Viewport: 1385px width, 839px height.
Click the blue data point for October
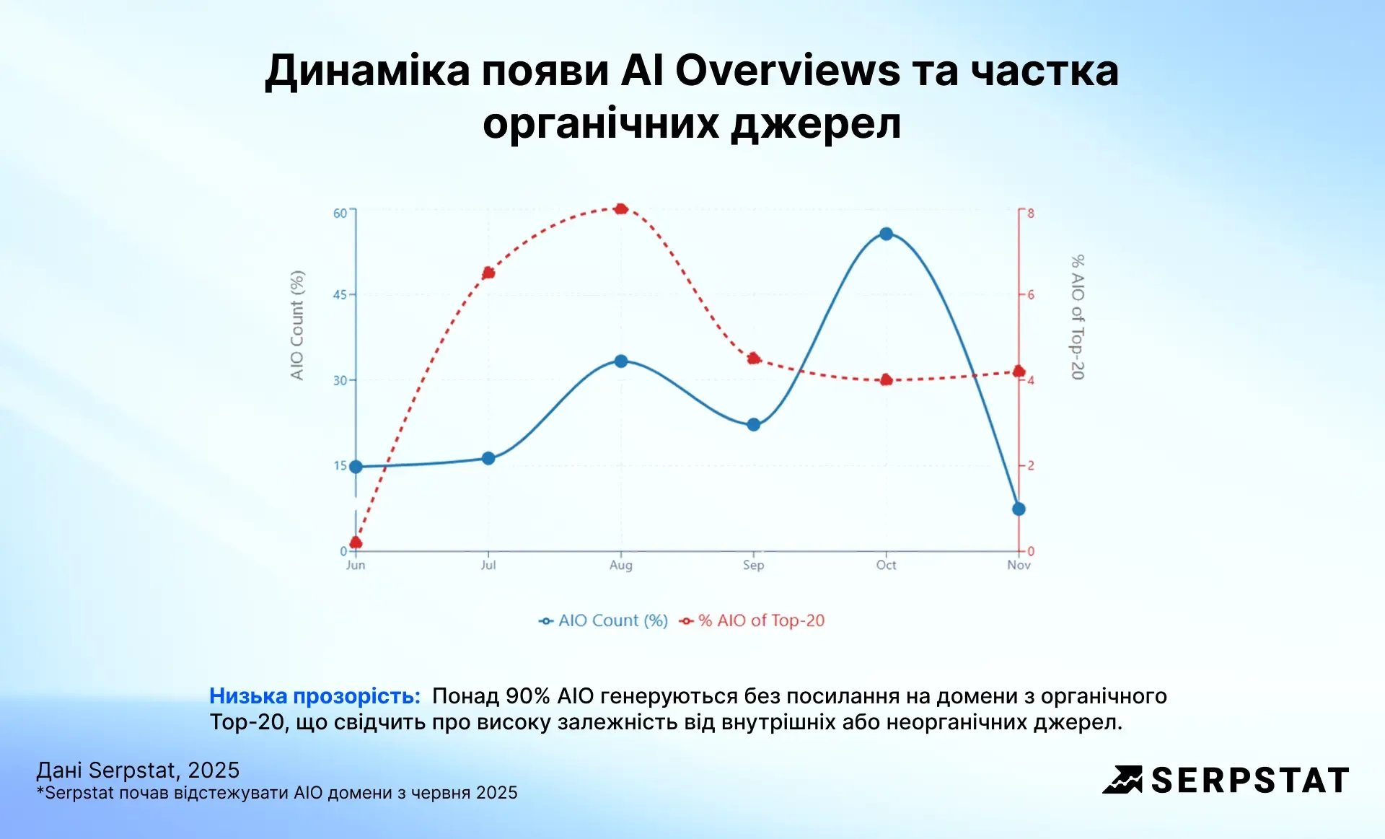(886, 234)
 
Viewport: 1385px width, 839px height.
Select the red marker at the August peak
(621, 208)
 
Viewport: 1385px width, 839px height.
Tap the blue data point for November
(1019, 509)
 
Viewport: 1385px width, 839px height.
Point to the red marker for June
(356, 542)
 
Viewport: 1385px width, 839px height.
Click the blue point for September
(753, 424)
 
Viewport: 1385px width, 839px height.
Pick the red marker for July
(488, 273)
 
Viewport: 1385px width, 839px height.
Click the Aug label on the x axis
(620, 565)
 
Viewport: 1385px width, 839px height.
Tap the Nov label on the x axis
(1019, 565)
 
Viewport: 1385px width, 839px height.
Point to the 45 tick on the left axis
(340, 294)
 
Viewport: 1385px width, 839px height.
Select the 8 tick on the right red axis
(1031, 213)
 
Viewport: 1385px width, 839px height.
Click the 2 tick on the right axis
(1031, 465)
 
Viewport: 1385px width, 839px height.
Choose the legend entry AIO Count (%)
(604, 620)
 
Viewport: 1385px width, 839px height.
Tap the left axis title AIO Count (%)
(297, 325)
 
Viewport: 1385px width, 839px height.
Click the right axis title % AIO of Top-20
(1077, 317)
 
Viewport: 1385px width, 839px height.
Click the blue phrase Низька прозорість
(315, 696)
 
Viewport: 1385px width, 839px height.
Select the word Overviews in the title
(787, 71)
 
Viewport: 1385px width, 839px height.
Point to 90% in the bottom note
(527, 696)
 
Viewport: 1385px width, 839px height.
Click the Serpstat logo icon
(1122, 780)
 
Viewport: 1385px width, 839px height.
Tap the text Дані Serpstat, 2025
(138, 770)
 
